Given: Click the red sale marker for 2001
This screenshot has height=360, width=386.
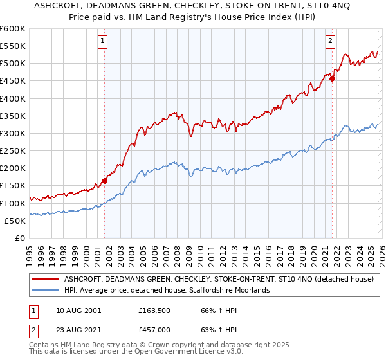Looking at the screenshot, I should pos(104,181).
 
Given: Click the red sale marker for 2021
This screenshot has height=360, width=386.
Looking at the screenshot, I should pos(333,78).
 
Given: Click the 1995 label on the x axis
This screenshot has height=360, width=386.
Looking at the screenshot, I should pos(29,252).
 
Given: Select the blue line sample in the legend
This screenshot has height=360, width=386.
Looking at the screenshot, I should pos(45,290).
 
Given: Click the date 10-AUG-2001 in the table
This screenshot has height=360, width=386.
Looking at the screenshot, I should pos(78,310).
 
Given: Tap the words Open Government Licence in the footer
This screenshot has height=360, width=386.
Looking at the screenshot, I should pos(163,353).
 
